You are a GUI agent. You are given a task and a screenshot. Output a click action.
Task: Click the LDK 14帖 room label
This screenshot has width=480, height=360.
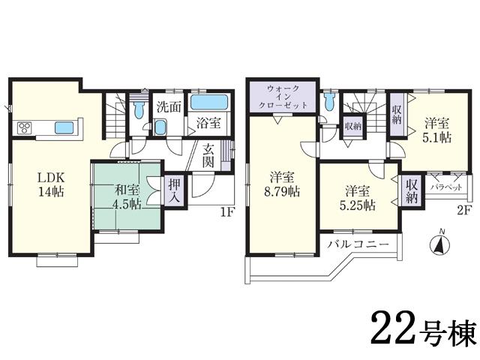point(50,184)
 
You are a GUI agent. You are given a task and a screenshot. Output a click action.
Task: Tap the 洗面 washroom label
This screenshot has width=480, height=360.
point(168,106)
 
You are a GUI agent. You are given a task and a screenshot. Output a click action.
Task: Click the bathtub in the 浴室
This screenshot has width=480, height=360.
point(210,103)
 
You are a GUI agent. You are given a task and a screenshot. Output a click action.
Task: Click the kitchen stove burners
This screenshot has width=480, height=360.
point(23,127)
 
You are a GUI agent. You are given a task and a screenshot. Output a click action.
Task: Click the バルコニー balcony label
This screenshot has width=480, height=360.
point(357,244)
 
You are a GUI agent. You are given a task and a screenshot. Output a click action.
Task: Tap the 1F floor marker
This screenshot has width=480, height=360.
point(227,212)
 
